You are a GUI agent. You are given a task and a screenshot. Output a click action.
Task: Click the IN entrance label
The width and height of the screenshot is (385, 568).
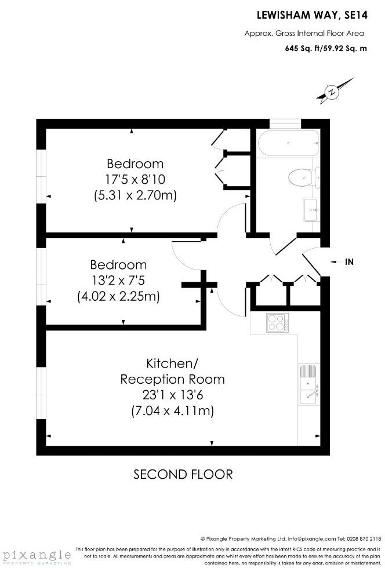point(349,262)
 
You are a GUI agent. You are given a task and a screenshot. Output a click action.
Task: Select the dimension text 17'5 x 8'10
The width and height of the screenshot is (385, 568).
point(135,180)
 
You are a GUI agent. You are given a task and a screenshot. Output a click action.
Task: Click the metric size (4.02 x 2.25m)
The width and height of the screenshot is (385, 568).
point(118,296)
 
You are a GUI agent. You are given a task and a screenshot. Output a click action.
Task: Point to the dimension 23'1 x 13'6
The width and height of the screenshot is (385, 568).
point(172,396)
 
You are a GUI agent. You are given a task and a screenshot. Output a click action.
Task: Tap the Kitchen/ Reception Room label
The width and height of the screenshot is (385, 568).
point(172,372)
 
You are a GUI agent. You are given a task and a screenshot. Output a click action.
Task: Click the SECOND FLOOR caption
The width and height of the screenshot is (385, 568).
point(183,475)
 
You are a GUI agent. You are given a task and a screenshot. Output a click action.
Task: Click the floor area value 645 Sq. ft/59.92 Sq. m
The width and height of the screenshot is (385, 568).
point(326,49)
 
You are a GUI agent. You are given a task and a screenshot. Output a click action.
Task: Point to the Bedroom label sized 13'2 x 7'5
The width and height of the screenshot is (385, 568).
point(118,265)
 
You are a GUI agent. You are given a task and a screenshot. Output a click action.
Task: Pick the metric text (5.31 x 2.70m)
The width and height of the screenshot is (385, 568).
point(135,196)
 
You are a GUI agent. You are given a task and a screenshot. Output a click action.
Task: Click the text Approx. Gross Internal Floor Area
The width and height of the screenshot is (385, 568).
point(312,34)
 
